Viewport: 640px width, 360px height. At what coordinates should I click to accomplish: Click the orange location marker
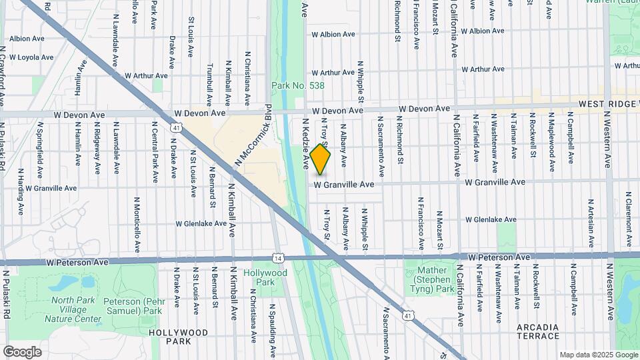click(321, 159)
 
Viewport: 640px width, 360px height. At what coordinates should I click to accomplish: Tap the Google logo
click(22, 351)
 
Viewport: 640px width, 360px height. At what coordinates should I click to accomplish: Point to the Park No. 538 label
click(297, 85)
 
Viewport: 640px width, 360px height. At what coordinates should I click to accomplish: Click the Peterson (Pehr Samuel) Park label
click(133, 306)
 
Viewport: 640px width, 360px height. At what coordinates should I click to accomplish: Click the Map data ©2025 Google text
click(597, 355)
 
